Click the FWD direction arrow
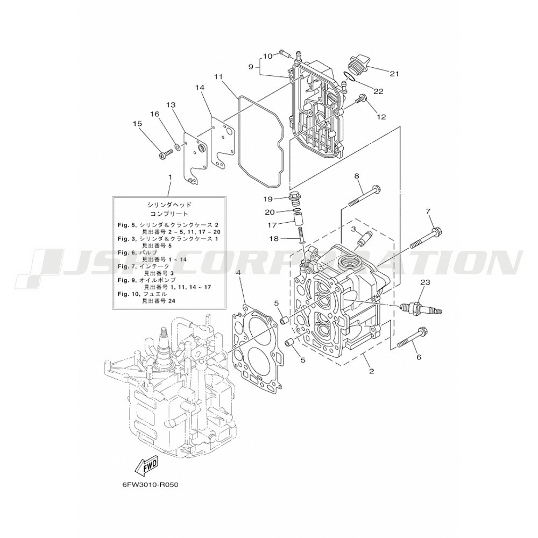[146, 466]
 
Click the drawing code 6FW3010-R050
[151, 485]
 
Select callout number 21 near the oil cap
[394, 73]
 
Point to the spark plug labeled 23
[421, 307]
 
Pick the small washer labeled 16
[178, 147]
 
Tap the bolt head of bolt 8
[376, 189]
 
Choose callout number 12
[381, 117]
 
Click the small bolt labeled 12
[359, 100]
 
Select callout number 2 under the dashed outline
[371, 371]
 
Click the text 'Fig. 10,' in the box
[127, 294]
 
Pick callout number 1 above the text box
[169, 177]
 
